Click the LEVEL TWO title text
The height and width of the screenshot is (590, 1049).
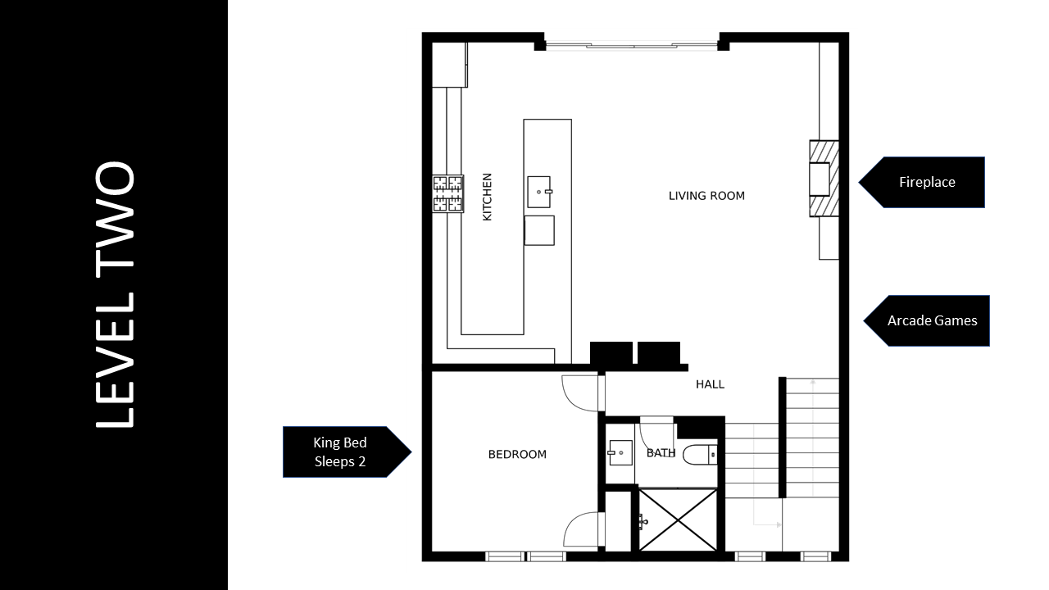coord(116,294)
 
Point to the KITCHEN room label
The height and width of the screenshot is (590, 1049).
coord(487,197)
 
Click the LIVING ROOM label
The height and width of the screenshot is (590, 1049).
coord(706,196)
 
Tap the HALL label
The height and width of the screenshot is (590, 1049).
coord(710,384)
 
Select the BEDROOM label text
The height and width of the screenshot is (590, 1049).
coord(517,454)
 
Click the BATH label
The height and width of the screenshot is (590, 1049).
coord(661,453)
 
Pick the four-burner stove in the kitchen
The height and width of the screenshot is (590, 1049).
coord(447,194)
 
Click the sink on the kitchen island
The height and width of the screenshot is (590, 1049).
coord(539,192)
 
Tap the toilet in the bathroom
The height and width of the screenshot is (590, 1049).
coord(700,455)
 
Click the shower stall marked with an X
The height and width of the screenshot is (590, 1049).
coord(678,520)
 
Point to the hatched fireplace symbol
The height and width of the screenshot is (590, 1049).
coord(824,179)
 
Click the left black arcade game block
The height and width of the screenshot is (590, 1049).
coord(611,353)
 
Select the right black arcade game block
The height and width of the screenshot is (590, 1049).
coord(659,353)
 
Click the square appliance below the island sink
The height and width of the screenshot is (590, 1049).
coord(539,230)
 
